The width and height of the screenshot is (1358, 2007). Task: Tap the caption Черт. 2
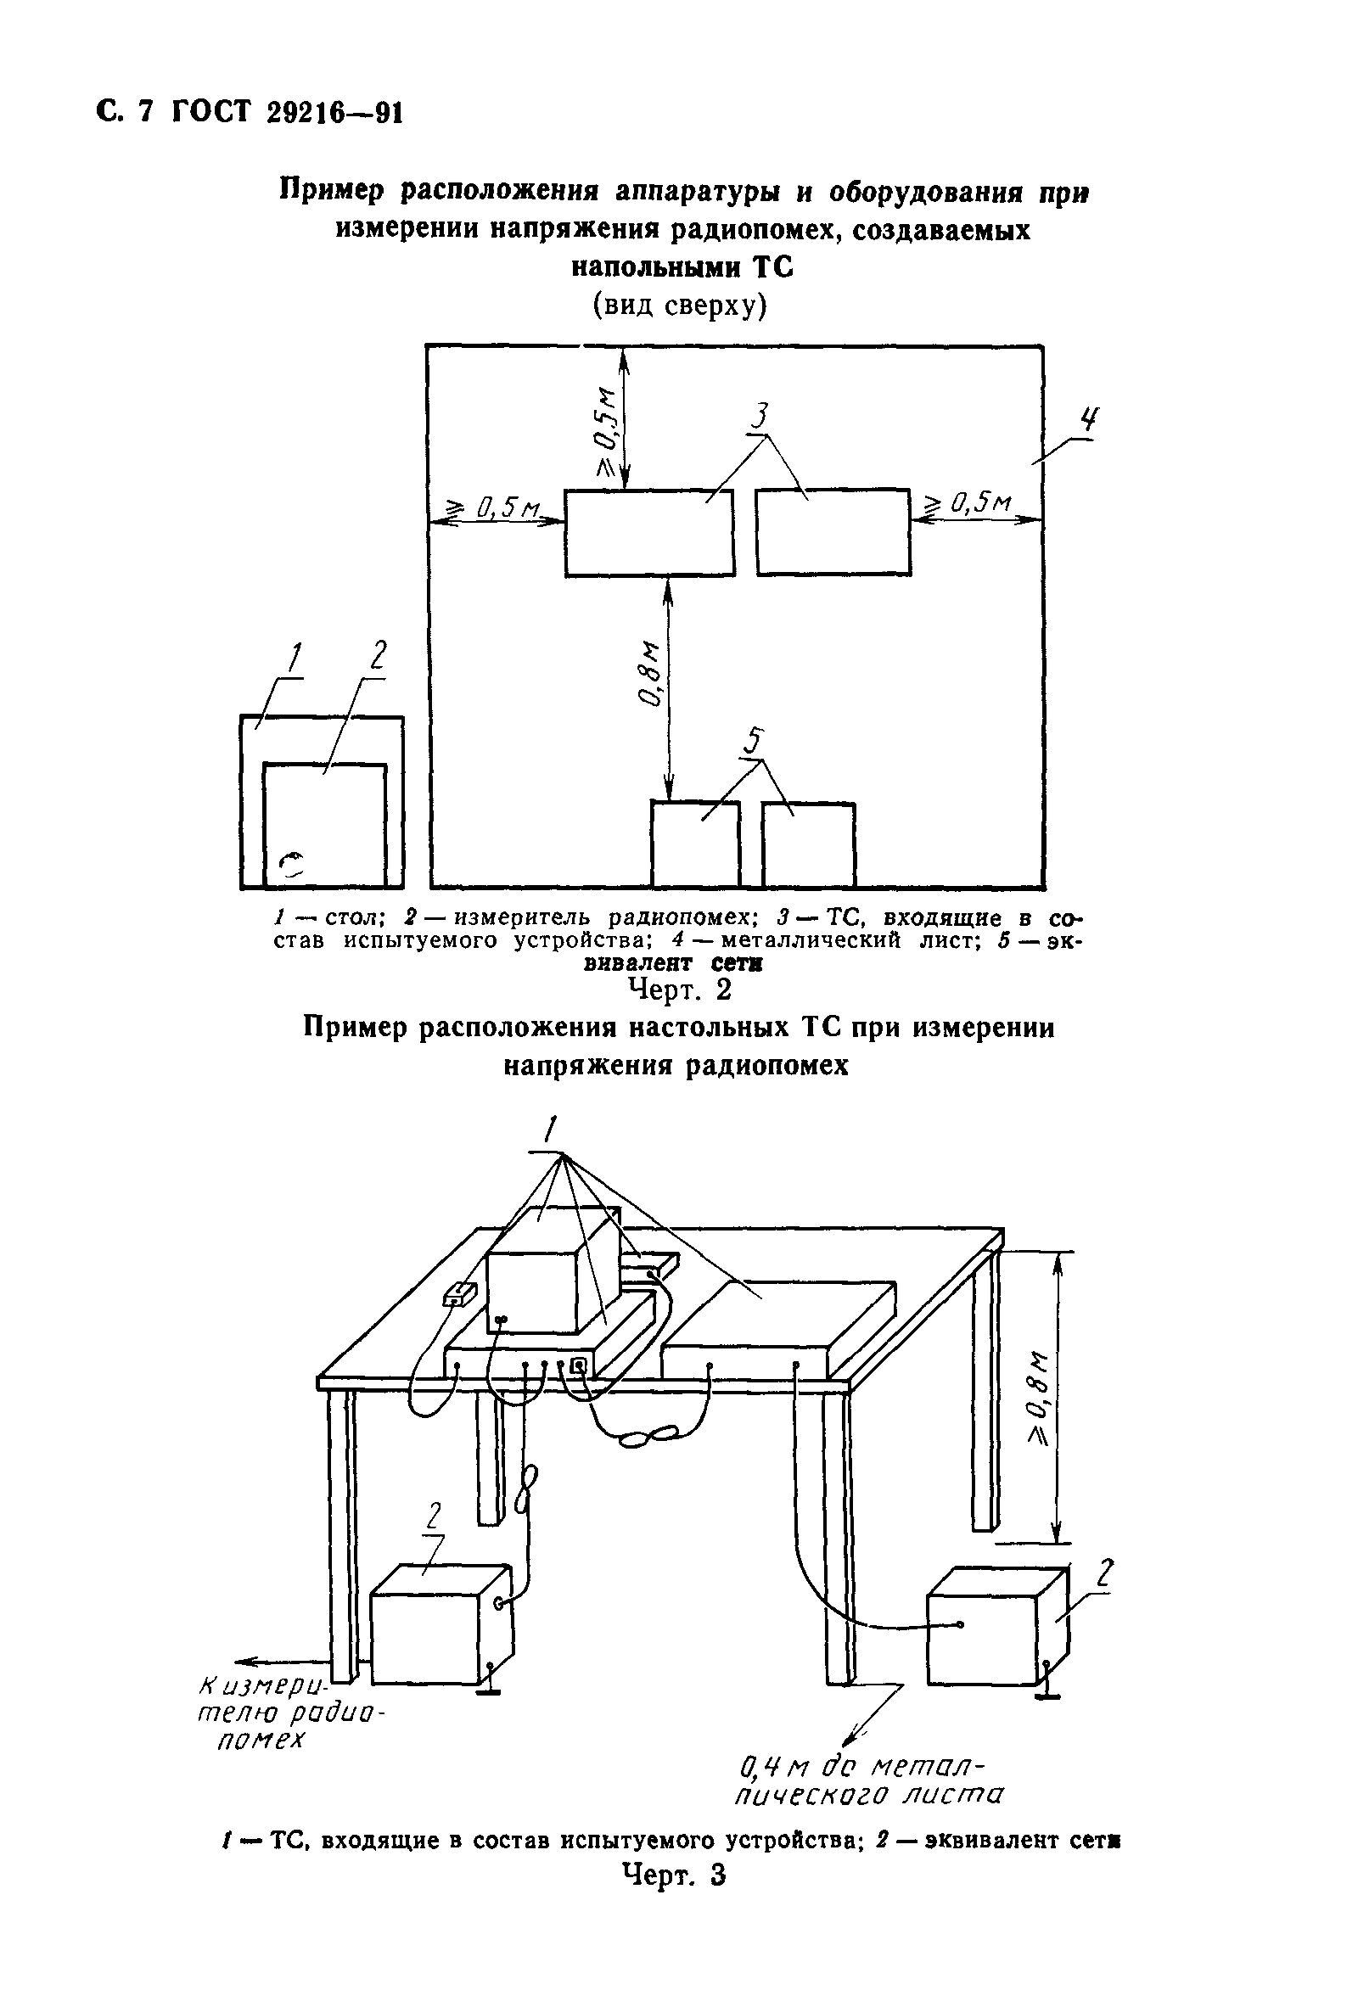679,989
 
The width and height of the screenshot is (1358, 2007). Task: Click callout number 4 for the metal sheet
1090,421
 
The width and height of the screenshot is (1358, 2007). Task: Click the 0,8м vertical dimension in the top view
650,673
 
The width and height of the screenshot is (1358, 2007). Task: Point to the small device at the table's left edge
459,1293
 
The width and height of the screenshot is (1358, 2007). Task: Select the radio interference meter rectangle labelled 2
325,825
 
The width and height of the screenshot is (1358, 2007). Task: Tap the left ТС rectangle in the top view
648,533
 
